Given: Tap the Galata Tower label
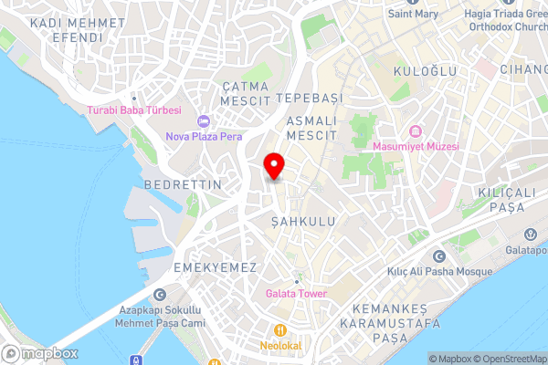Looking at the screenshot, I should pyautogui.click(x=295, y=294).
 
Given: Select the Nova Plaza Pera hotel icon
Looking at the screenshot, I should pyautogui.click(x=203, y=121).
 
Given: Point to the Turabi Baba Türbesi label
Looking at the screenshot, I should pyautogui.click(x=134, y=110).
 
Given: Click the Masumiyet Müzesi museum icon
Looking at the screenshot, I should pyautogui.click(x=416, y=130).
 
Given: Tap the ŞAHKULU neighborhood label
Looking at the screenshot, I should pyautogui.click(x=298, y=222).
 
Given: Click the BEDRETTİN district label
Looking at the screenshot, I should pyautogui.click(x=183, y=184).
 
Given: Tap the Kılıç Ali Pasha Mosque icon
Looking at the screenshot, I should pyautogui.click(x=439, y=256).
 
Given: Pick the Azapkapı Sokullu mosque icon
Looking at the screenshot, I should pyautogui.click(x=161, y=294).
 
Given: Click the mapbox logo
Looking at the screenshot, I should pyautogui.click(x=41, y=353).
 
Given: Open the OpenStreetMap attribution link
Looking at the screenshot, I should pyautogui.click(x=510, y=358).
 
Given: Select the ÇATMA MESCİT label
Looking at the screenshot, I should pyautogui.click(x=247, y=92).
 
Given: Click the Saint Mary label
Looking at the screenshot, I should pyautogui.click(x=413, y=14).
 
